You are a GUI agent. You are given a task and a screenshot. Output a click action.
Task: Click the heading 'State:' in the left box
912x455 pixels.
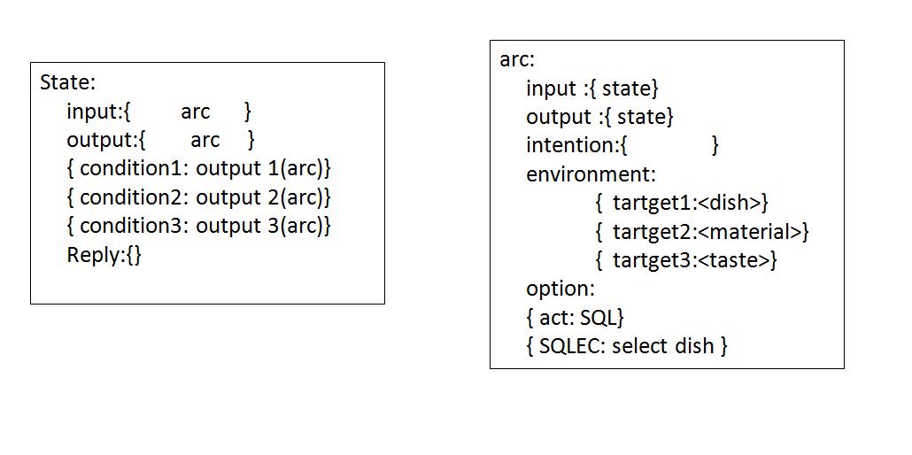67,82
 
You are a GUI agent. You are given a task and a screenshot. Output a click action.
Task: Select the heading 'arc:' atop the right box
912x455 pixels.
517,60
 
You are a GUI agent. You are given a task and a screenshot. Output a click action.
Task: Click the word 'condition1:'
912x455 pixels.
134,168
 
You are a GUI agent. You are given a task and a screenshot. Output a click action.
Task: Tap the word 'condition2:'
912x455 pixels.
134,197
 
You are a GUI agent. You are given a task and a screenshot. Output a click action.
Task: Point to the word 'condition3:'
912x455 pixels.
134,226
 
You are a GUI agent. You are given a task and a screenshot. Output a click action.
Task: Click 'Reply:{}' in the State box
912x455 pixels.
104,255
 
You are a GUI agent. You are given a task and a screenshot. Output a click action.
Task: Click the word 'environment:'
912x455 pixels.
591,174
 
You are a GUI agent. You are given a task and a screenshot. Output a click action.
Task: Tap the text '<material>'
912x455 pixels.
759,232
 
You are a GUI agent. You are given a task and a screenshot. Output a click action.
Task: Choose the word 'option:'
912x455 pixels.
560,289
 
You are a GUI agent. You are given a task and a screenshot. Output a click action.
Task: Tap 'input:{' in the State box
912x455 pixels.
98,112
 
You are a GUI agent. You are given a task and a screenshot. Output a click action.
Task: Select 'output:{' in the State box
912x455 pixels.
105,140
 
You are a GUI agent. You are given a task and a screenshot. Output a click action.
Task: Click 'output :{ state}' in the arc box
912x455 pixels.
599,117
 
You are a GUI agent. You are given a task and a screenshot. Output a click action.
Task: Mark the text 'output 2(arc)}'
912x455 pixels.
263,197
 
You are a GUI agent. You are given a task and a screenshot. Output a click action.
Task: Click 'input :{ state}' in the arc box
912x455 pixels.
592,89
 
